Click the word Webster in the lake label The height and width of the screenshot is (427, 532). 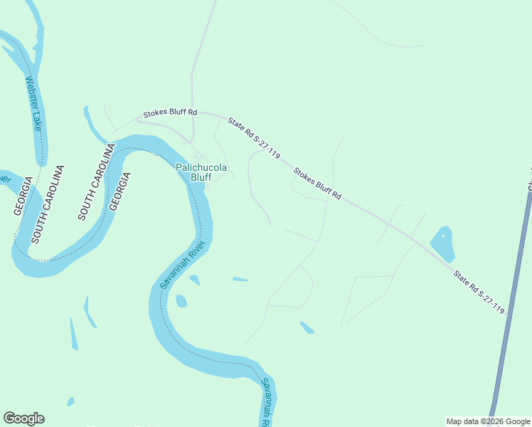pos(31,90)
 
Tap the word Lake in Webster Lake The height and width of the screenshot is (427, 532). pos(38,120)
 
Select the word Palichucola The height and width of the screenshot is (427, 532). pos(201,167)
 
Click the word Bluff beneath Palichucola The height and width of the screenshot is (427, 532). pos(201,176)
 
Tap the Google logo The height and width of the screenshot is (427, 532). pos(23,418)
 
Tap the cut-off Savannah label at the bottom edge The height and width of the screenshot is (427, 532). pos(266,401)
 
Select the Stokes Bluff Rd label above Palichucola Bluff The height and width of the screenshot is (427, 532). pos(169,113)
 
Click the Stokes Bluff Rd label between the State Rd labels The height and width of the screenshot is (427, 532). pos(317,184)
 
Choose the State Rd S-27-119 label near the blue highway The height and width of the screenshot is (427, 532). pos(479,290)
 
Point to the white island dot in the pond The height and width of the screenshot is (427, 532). pos(442,236)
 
